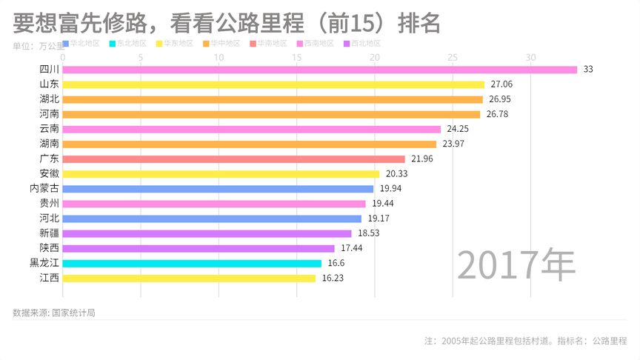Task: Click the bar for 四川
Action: (x=319, y=70)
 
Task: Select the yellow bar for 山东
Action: (x=273, y=84)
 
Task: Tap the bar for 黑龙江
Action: (x=192, y=263)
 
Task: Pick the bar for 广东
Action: (x=233, y=159)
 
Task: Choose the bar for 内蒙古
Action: (x=218, y=189)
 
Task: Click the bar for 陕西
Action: (x=199, y=248)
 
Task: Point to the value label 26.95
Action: (x=501, y=99)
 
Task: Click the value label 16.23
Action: (x=333, y=279)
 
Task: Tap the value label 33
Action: (x=588, y=70)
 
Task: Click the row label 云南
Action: (x=49, y=129)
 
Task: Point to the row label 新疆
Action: (x=49, y=233)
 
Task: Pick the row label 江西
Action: (x=49, y=279)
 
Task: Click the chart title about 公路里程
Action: (x=227, y=24)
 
